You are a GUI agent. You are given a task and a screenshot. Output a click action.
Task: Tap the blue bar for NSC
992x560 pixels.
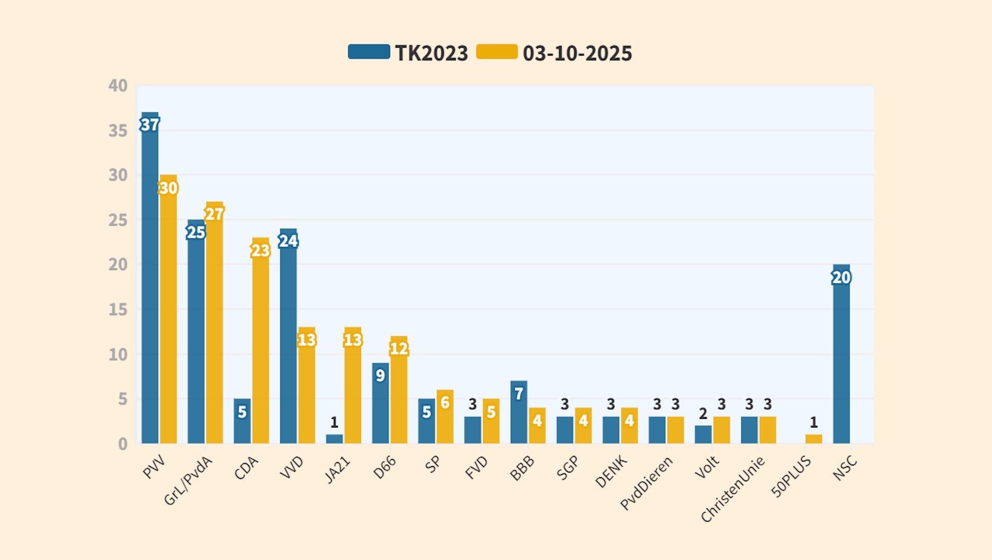click(841, 363)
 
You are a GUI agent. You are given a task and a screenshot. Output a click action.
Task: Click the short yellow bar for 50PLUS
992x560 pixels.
click(814, 439)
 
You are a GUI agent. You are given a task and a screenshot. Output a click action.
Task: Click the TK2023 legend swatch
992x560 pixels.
click(369, 52)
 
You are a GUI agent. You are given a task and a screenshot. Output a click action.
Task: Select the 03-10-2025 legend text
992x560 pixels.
click(577, 53)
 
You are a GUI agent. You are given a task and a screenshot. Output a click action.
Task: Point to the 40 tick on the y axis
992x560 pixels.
click(118, 86)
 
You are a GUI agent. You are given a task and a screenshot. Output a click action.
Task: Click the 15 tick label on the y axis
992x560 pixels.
click(118, 310)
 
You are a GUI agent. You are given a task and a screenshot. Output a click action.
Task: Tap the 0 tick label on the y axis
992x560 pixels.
click(122, 444)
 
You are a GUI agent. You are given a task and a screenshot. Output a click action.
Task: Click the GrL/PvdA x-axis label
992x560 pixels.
click(188, 481)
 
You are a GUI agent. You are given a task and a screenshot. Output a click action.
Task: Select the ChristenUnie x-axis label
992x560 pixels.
click(732, 489)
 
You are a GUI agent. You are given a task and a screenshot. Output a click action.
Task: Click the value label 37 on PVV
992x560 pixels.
click(150, 125)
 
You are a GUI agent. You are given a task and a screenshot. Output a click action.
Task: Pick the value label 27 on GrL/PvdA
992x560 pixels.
click(214, 214)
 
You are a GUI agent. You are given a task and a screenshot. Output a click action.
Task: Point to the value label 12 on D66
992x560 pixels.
click(398, 348)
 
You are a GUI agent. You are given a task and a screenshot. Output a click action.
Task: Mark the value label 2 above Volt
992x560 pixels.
click(703, 414)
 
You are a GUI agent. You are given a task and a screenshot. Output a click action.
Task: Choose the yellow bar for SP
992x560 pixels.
click(445, 420)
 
